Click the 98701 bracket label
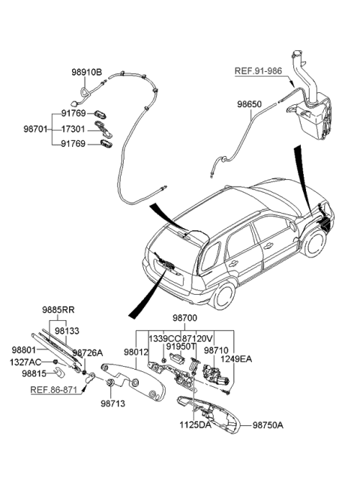coord(36,128)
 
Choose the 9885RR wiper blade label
coord(58,309)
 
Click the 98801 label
coord(25,349)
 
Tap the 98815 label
coord(34,373)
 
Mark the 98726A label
coord(88,352)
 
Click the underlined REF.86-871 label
coord(53,391)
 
